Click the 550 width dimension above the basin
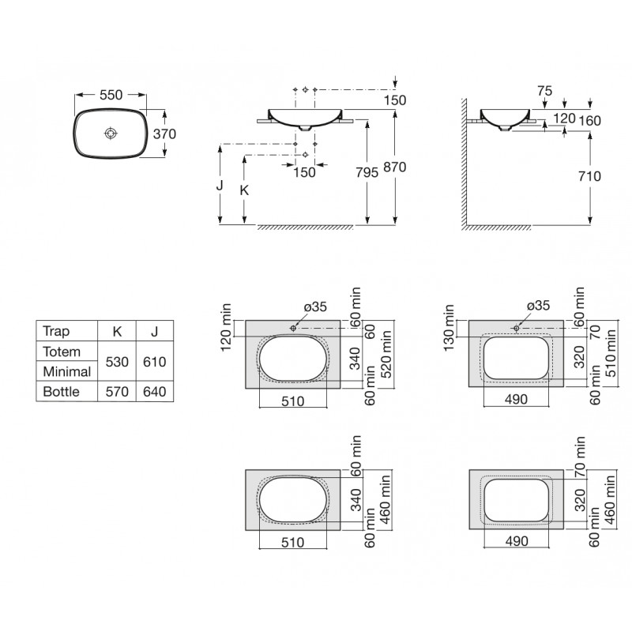coord(111,94)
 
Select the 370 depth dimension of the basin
coord(164,134)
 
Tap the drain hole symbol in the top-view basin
coord(110,134)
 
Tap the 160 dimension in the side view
coord(590,120)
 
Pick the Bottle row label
coord(61,391)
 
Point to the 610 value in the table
coord(155,361)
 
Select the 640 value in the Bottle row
coord(155,391)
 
